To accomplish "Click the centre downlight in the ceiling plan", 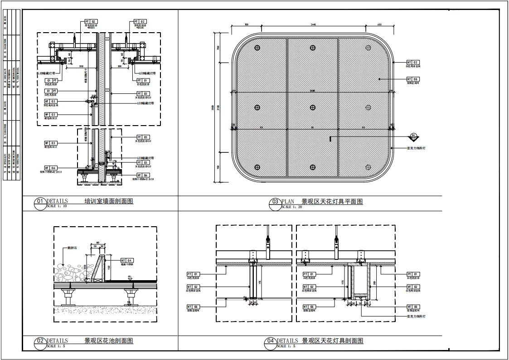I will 312,107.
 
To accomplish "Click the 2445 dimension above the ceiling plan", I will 313,24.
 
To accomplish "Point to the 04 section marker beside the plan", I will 413,136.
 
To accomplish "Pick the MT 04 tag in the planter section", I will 127,260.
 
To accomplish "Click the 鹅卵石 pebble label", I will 72,248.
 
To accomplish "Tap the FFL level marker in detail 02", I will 130,277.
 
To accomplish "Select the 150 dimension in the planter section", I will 109,268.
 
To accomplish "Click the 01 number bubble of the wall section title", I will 40,201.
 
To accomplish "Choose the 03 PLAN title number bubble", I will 275,202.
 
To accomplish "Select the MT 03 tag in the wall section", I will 50,102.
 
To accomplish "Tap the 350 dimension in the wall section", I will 81,66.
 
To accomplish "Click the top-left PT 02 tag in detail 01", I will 91,22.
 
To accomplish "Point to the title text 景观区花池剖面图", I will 109,341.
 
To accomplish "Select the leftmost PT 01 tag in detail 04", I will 193,274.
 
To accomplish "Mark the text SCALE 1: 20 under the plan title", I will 292,207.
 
